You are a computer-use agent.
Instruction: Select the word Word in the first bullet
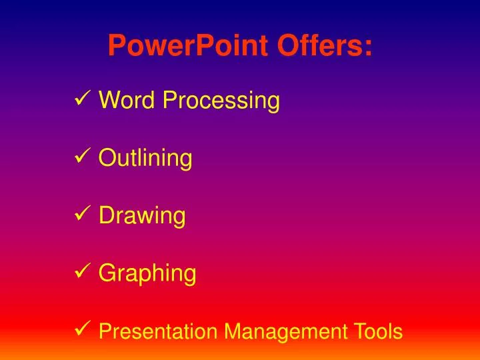pyautogui.click(x=127, y=101)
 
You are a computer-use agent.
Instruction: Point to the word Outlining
pyautogui.click(x=145, y=159)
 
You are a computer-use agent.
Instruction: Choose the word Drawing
pyautogui.click(x=142, y=216)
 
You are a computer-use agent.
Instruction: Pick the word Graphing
pyautogui.click(x=147, y=273)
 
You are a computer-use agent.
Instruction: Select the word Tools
pyautogui.click(x=380, y=331)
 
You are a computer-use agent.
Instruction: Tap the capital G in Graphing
pyautogui.click(x=107, y=273)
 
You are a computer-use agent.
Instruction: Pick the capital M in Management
pyautogui.click(x=231, y=331)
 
